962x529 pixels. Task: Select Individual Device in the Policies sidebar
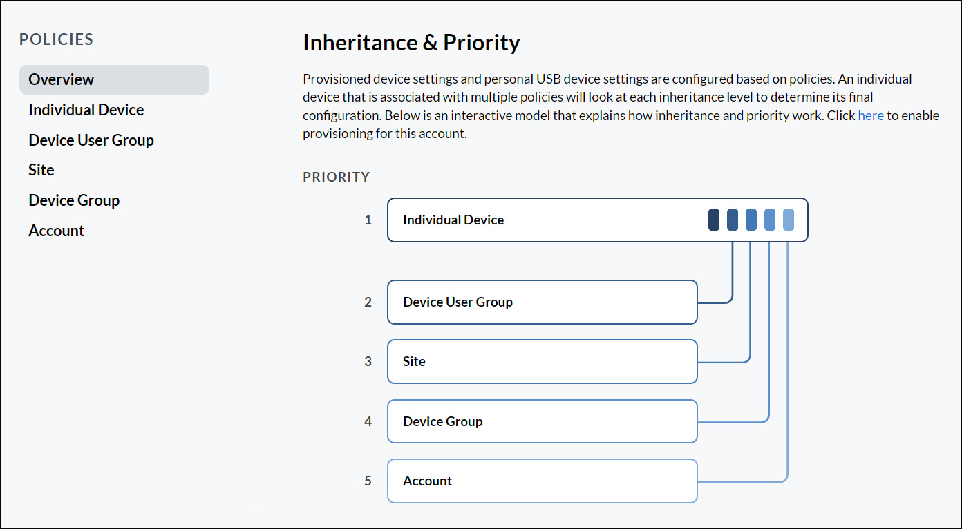click(86, 110)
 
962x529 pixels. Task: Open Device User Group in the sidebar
click(91, 140)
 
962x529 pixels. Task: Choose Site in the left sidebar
click(41, 170)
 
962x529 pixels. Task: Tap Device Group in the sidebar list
click(74, 200)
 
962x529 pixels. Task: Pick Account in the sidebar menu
click(56, 231)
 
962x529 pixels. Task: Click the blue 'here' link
click(871, 115)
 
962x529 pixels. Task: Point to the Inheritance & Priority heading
click(411, 43)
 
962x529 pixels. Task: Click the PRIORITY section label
click(337, 177)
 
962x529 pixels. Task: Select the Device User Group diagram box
click(542, 302)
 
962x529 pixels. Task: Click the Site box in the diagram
click(542, 361)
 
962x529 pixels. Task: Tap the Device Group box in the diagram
click(542, 421)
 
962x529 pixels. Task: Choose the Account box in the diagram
click(542, 481)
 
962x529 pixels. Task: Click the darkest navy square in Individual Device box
click(714, 220)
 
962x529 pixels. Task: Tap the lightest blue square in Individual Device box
click(789, 220)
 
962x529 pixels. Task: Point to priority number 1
click(368, 220)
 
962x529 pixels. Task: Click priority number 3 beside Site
click(368, 361)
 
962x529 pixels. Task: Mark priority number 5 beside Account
click(368, 481)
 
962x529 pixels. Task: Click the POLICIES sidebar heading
click(56, 39)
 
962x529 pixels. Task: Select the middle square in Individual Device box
click(751, 220)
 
